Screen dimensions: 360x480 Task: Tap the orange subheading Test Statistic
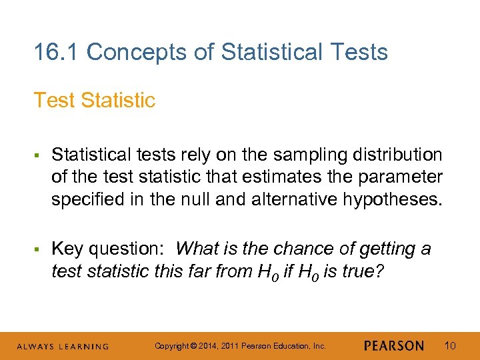(94, 100)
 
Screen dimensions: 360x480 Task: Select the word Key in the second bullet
(67, 249)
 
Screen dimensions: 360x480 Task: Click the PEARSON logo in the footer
(394, 346)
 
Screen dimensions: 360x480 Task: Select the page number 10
(450, 346)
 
